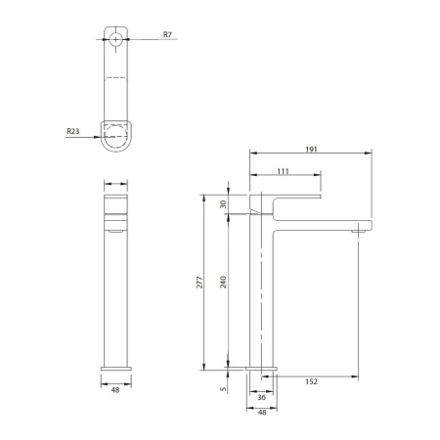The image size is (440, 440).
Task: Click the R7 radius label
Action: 167,34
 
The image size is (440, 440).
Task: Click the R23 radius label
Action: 73,131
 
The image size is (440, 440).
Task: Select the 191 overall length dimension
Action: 311,150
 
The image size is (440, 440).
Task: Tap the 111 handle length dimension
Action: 283,171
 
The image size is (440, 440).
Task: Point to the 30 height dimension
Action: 223,204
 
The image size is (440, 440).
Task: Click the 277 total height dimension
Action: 199,283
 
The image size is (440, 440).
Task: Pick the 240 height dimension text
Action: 223,283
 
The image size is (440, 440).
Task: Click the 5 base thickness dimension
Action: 223,389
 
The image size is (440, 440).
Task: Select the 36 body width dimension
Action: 262,397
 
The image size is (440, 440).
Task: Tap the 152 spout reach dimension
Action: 311,381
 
